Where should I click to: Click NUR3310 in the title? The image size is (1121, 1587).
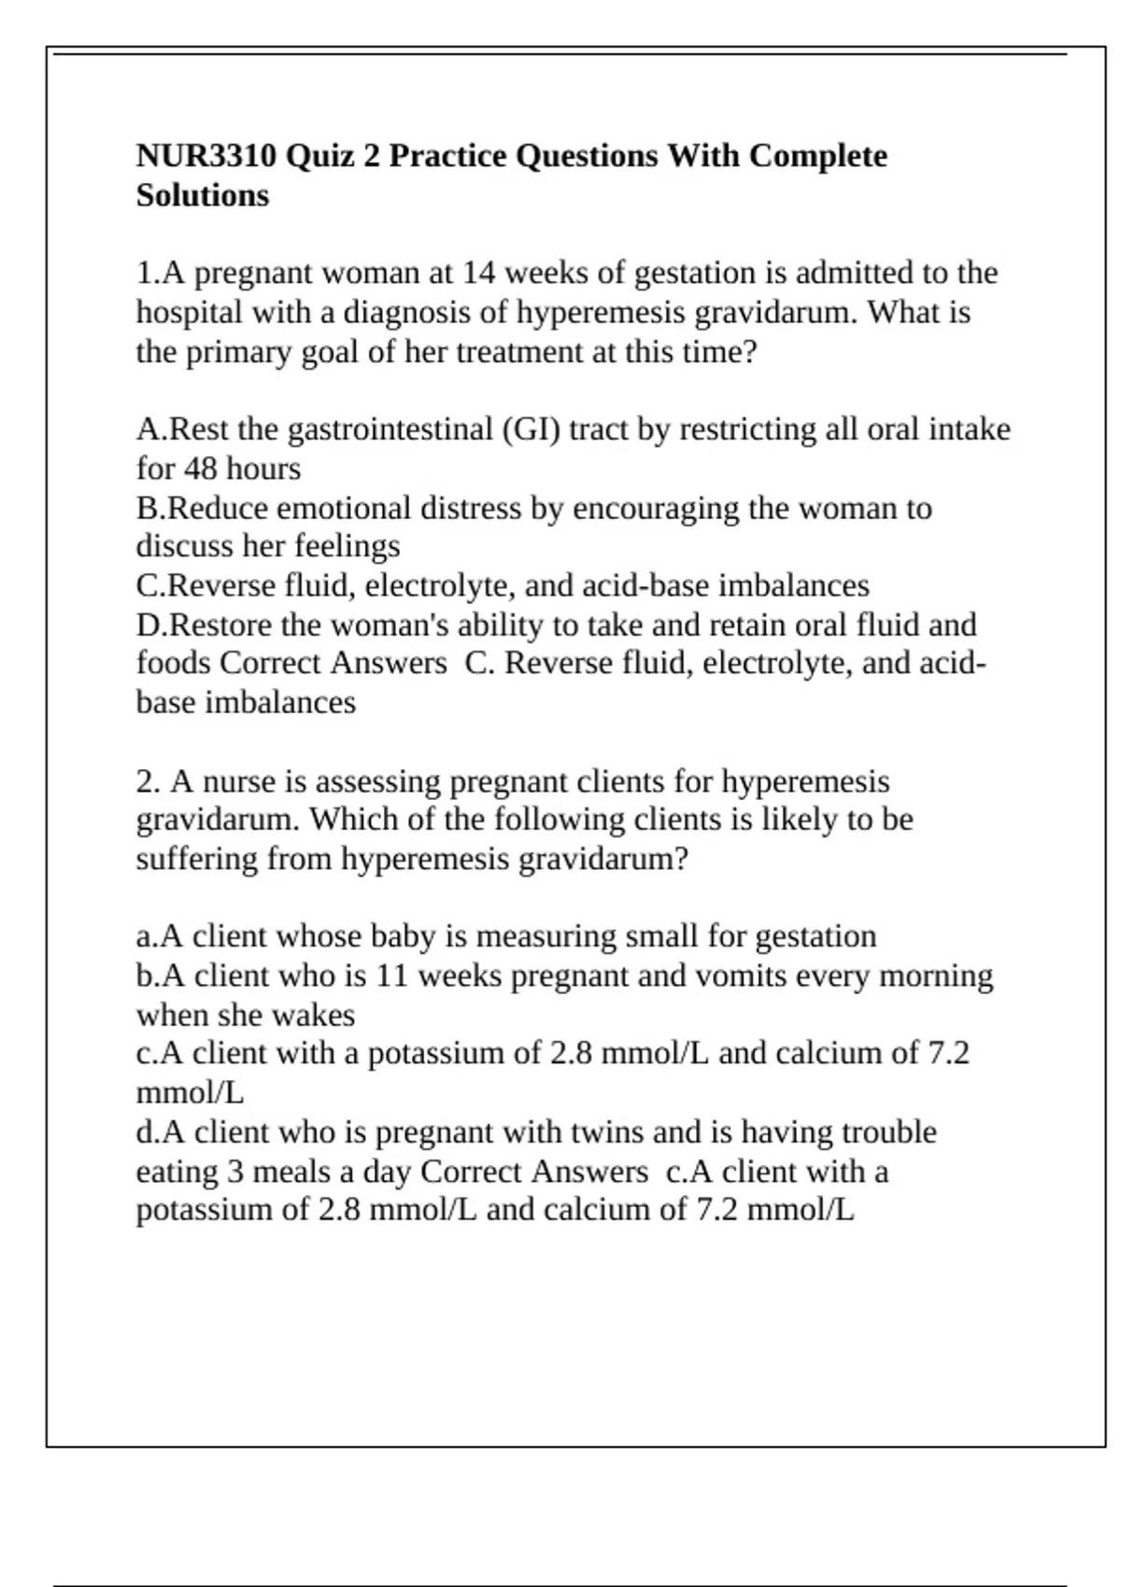(x=206, y=155)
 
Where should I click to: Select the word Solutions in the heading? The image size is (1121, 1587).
(x=203, y=195)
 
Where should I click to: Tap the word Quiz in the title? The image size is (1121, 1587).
(x=320, y=155)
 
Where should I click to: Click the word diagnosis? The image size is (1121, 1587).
(x=406, y=312)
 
